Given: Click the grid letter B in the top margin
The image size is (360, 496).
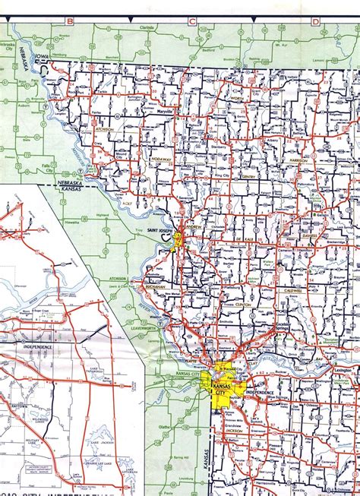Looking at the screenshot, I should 70,21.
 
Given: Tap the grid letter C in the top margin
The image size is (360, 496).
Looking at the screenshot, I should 192,21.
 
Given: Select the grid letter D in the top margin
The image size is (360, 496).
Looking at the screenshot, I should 314,21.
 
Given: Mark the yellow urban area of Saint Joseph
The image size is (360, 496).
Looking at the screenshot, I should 178,241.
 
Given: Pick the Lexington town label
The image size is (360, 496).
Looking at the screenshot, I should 343,370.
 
